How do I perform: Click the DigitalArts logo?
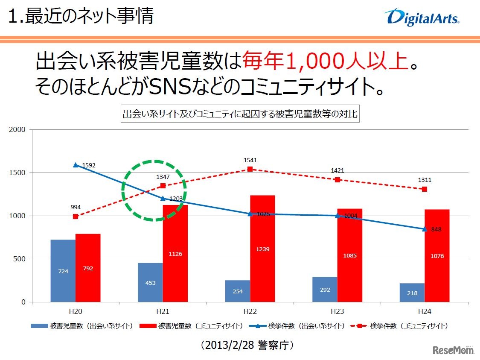[422, 18]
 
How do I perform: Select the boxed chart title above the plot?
[240, 114]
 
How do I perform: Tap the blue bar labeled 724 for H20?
[63, 271]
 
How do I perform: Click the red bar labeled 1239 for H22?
[262, 249]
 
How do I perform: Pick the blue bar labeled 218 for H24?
[412, 293]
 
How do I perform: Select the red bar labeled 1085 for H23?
[349, 255]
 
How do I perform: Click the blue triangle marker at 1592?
[76, 165]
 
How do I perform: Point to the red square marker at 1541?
[250, 169]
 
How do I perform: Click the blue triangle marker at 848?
[425, 229]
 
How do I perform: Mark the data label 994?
[76, 208]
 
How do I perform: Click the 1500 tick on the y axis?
[18, 173]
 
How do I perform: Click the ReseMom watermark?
[454, 350]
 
